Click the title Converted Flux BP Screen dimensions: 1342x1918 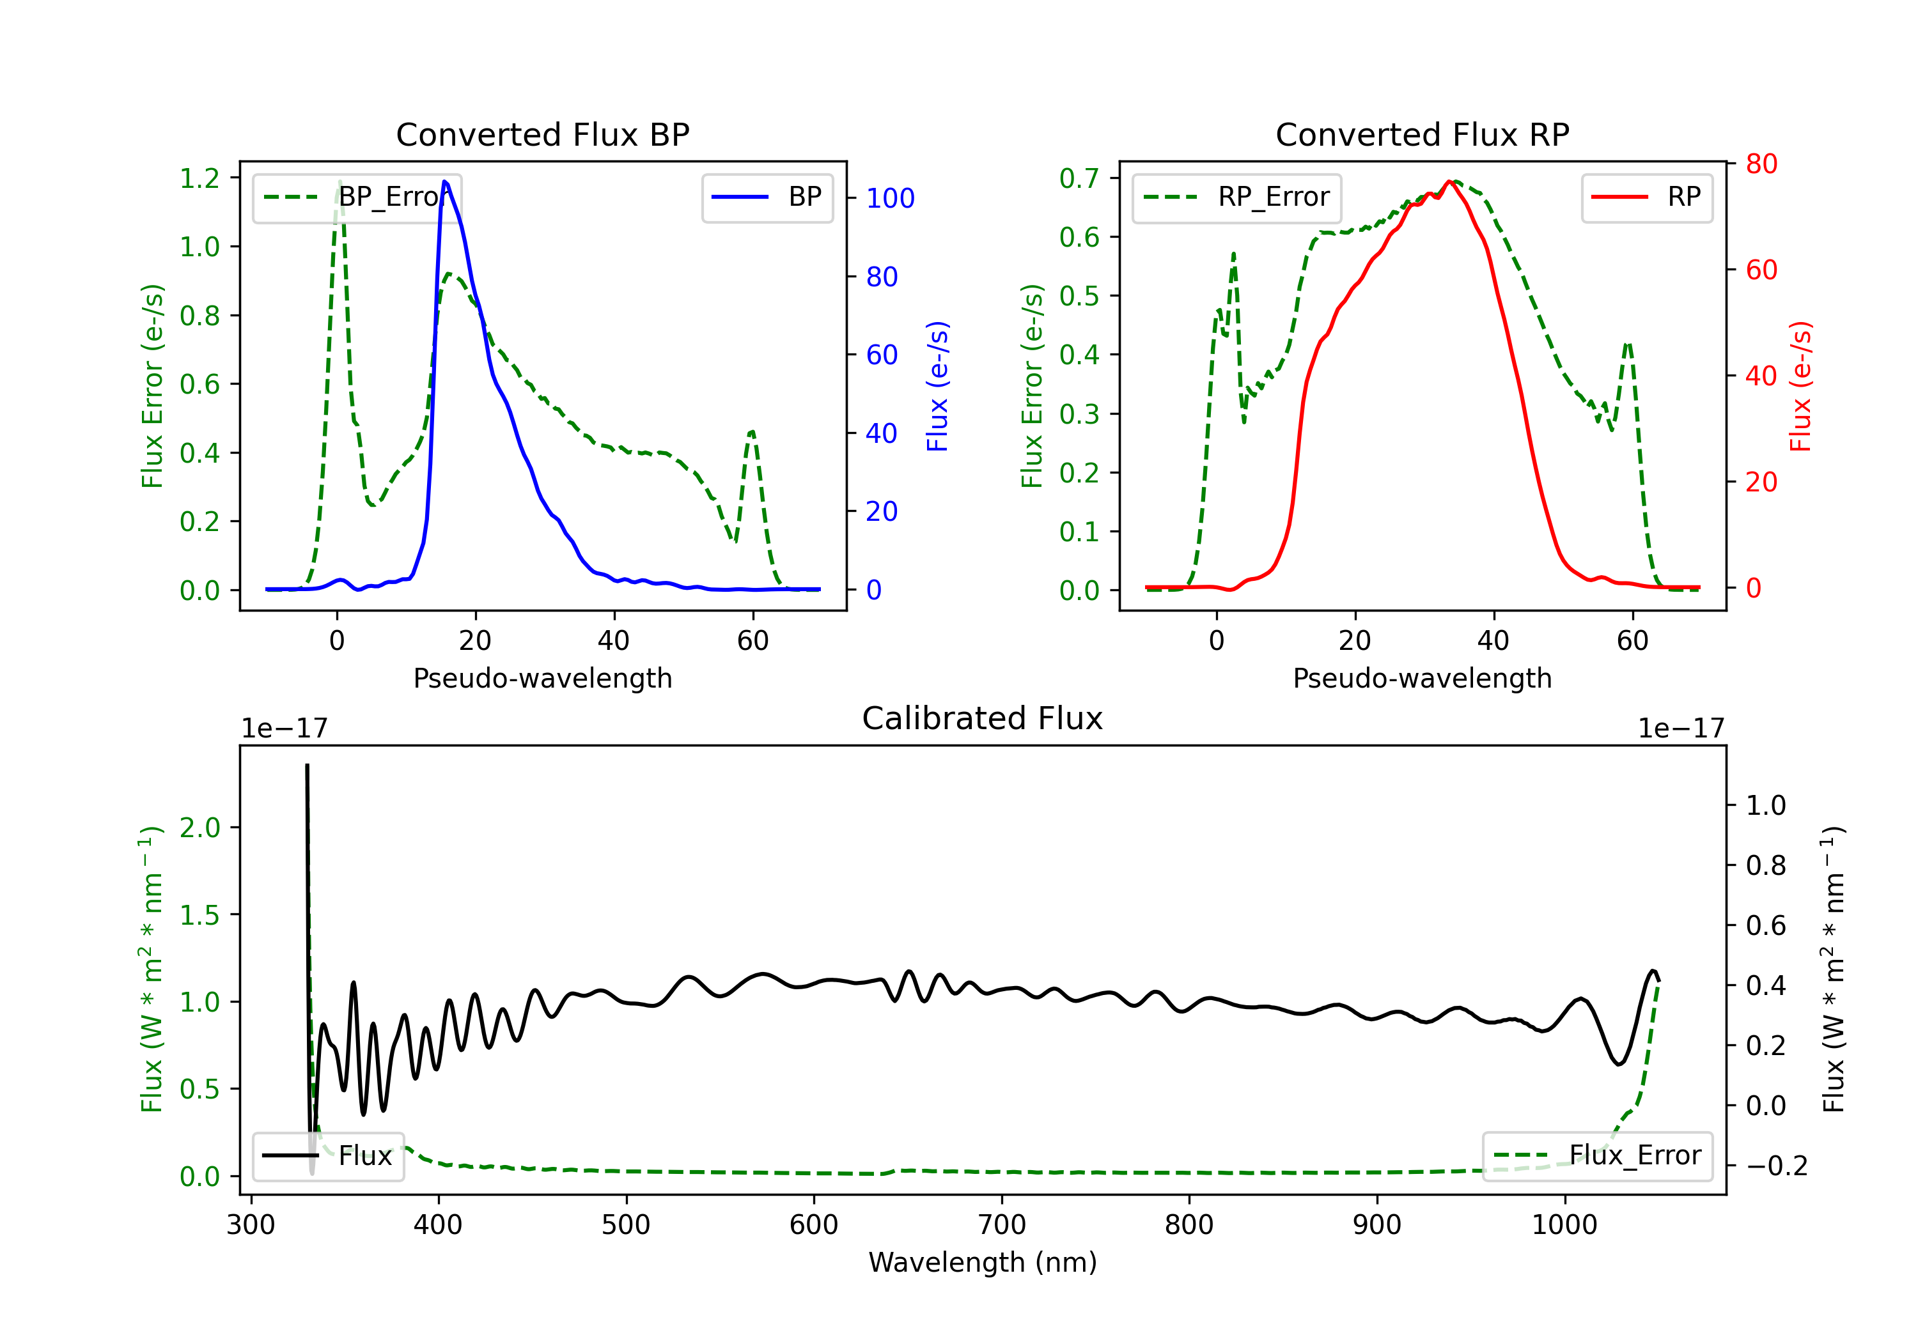tap(542, 134)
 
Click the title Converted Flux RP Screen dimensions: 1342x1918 tap(1422, 134)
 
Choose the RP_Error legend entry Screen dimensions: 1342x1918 tap(1236, 197)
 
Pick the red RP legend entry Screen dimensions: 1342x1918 tap(1646, 197)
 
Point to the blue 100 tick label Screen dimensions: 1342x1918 tap(890, 198)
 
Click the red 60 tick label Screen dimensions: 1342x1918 tap(1761, 270)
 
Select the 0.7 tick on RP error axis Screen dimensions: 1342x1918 tap(1079, 178)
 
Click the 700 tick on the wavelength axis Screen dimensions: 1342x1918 tap(1002, 1225)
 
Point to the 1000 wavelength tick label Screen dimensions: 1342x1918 tap(1564, 1225)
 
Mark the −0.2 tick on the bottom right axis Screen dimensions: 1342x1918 tap(1777, 1166)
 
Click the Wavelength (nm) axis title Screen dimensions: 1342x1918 tap(983, 1262)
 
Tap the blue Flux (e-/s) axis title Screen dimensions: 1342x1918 tap(937, 386)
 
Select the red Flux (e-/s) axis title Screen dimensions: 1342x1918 tap(1800, 386)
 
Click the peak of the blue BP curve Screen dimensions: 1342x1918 tap(444, 181)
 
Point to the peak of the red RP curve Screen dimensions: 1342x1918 tap(1449, 181)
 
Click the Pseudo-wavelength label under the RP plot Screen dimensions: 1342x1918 tap(1422, 678)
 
